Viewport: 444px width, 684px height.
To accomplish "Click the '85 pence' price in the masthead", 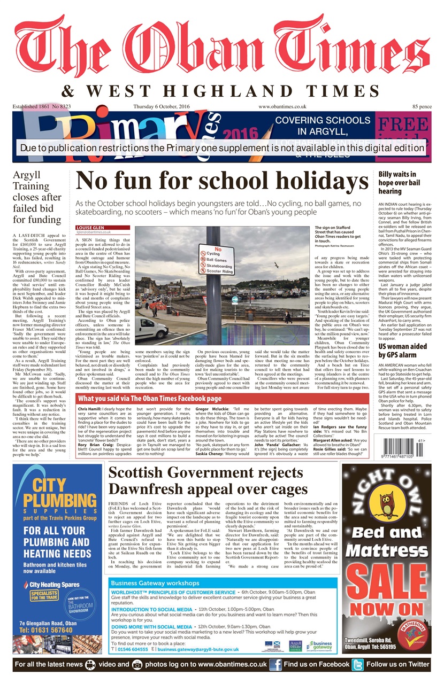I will point(422,107).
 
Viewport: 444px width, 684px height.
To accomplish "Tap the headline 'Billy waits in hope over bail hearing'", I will point(401,182).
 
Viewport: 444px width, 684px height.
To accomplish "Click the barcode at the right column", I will point(403,446).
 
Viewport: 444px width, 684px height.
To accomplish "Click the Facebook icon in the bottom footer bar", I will point(275,664).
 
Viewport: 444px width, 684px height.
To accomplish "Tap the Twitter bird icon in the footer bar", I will point(357,664).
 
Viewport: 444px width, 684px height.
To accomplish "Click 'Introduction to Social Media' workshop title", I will point(152,609).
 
